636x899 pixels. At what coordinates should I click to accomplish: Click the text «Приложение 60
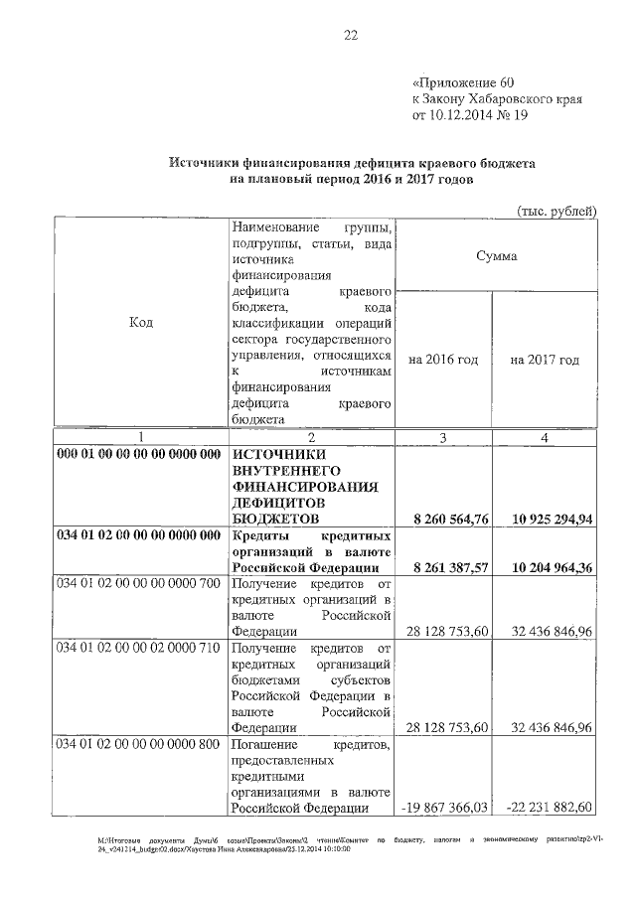pos(464,82)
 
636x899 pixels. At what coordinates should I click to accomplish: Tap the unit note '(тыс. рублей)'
pos(556,210)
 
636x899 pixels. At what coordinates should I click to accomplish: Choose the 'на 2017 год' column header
pos(545,360)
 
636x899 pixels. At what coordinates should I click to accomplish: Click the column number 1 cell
pos(140,437)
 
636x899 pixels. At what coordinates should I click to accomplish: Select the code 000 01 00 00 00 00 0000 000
pos(139,454)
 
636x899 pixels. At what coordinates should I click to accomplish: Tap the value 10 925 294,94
pos(546,518)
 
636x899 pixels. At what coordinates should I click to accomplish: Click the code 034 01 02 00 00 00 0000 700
pos(139,582)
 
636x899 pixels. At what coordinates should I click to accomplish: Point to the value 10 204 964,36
pos(546,566)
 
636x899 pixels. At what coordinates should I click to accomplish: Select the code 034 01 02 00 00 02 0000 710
pos(139,648)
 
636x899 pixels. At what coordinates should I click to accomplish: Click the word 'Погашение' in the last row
pos(261,744)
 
